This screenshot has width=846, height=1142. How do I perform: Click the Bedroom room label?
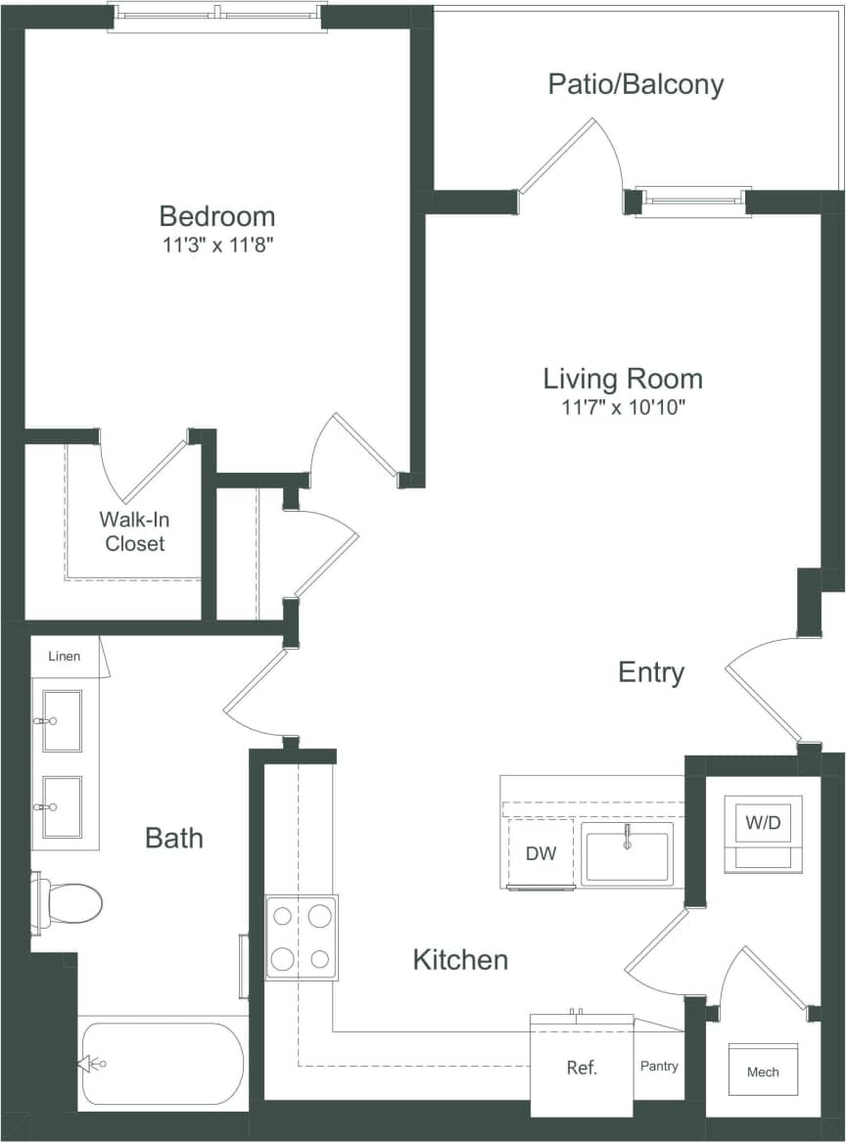[216, 215]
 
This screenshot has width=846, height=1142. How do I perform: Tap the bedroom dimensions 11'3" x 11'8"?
[216, 246]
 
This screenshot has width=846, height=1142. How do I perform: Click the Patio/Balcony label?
[635, 84]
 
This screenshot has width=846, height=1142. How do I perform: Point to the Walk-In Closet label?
[135, 531]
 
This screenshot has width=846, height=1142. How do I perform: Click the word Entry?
[651, 672]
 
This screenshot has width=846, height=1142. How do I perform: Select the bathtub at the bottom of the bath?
[162, 1064]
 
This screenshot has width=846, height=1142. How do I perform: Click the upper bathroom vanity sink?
[62, 720]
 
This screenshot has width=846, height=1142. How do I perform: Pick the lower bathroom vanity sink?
[62, 807]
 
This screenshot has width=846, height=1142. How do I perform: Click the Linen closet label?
[64, 656]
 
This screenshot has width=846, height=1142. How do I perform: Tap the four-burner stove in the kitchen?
[302, 937]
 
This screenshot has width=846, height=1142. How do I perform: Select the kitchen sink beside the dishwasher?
[627, 853]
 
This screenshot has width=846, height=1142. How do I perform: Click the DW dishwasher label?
[540, 853]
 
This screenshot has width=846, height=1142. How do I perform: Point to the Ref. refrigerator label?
[582, 1068]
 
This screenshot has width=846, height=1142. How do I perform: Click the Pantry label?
[659, 1066]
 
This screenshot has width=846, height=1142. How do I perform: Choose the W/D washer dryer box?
[763, 833]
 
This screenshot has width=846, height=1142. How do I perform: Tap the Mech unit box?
[763, 1071]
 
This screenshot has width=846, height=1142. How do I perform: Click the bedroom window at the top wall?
[216, 16]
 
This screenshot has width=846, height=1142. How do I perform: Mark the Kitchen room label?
[460, 960]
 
